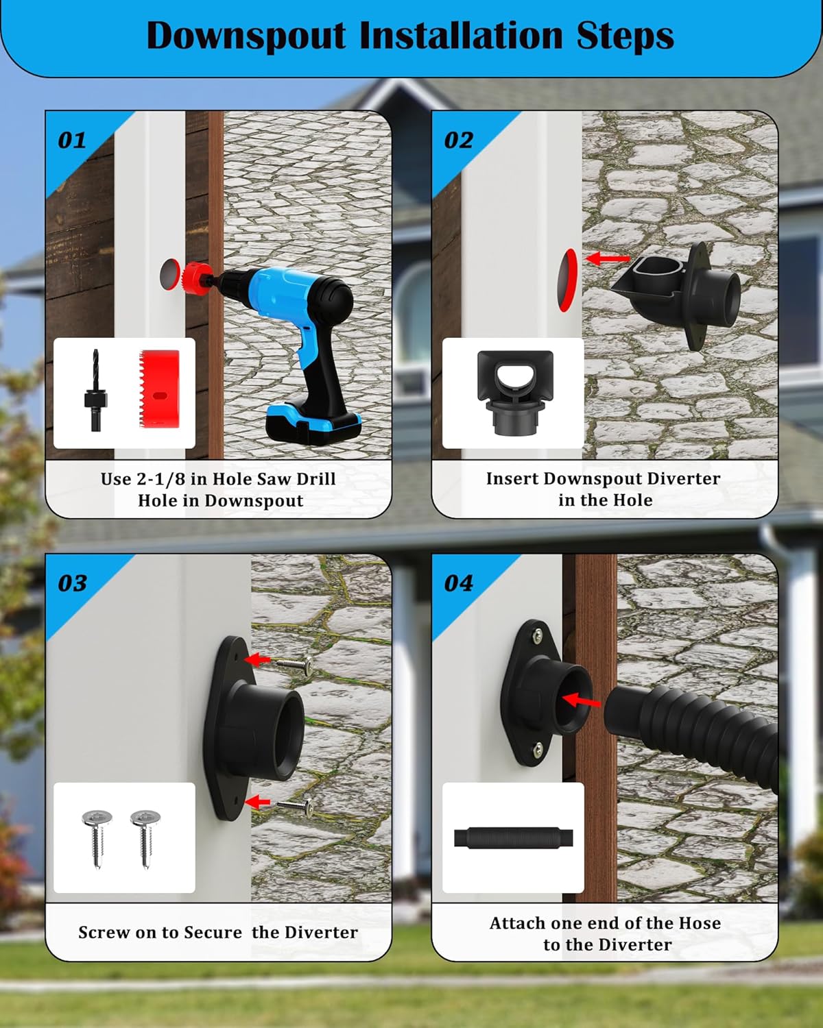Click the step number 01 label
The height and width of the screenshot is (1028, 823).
72,140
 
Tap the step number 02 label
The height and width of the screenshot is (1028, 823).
458,140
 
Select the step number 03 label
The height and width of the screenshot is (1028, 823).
72,583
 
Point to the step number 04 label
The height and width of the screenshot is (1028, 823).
458,583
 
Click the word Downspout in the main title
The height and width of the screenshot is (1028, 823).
246,36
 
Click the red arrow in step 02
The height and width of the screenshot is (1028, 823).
607,259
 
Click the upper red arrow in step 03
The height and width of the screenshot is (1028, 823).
258,660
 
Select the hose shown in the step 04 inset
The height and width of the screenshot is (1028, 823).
513,838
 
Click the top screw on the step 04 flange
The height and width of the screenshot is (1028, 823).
536,634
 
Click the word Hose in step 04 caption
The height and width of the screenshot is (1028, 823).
699,923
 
